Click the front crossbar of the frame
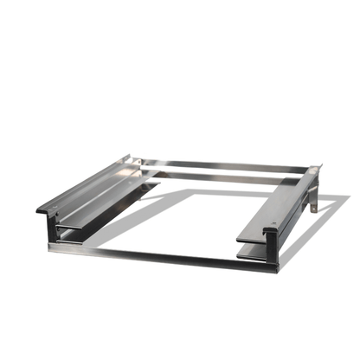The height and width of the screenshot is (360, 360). pyautogui.click(x=156, y=254)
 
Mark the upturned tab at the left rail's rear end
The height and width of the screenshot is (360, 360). pyautogui.click(x=128, y=158)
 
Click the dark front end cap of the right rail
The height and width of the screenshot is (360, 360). pyautogui.click(x=271, y=235)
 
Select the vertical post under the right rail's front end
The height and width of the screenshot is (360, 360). pyautogui.click(x=274, y=255)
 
